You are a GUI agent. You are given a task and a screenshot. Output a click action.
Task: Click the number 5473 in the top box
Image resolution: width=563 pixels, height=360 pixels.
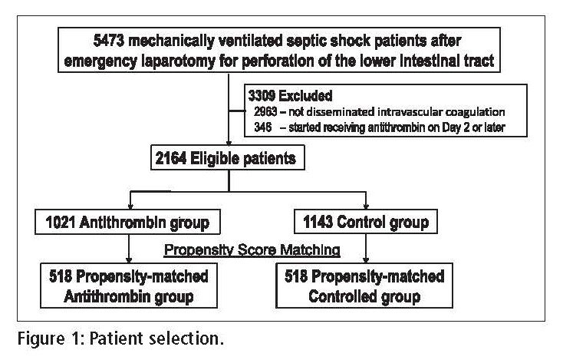(x=108, y=41)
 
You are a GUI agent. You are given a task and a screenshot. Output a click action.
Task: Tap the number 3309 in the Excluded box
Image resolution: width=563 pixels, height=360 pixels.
(x=262, y=96)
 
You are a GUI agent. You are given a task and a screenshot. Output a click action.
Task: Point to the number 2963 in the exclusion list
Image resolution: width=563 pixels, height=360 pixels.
(x=265, y=112)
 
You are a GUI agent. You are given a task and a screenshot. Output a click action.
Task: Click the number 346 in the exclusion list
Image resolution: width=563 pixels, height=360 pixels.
(x=263, y=127)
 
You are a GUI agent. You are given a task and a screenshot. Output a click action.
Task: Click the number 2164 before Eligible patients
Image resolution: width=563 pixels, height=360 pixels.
(x=171, y=158)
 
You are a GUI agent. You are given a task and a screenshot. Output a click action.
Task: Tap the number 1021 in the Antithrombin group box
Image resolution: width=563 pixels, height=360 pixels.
(x=61, y=223)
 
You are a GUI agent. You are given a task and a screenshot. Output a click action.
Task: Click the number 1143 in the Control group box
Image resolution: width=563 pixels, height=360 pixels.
(x=318, y=222)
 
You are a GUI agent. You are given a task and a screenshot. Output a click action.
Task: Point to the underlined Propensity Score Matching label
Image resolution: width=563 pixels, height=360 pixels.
(x=252, y=249)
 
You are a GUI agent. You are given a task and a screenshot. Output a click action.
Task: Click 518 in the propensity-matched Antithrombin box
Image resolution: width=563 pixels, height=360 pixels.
(x=61, y=276)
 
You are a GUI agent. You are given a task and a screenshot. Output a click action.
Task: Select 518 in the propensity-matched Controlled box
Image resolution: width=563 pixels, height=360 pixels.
(x=296, y=276)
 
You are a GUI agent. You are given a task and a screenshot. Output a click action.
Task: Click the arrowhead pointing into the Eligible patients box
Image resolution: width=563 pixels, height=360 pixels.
(x=229, y=143)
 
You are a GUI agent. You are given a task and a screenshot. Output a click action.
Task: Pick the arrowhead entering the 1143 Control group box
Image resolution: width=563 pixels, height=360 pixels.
(x=366, y=206)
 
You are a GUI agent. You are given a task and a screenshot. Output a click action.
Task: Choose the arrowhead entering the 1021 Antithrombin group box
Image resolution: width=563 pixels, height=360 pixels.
(x=130, y=206)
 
